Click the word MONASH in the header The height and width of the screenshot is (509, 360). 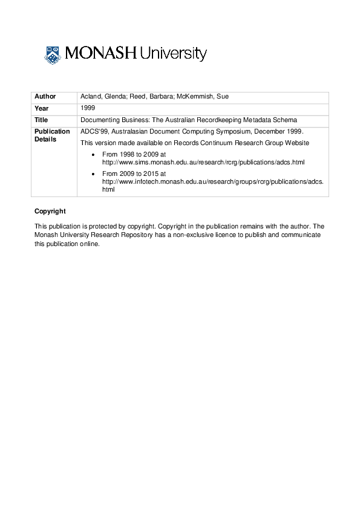pos(100,54)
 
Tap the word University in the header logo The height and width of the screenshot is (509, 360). pos(173,55)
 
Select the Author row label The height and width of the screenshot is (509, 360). pos(45,97)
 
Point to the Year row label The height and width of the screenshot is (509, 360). pos(42,109)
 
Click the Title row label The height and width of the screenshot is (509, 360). pos(41,120)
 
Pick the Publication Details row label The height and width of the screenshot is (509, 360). pos(52,135)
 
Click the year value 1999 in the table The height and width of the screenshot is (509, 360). pos(88,108)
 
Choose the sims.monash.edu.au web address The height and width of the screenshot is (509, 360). pos(203,163)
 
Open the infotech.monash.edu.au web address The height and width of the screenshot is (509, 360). pos(212,181)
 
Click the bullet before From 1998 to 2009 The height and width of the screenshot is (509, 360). pos(92,155)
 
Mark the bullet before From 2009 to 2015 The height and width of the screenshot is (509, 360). pos(92,173)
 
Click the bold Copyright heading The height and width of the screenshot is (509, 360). pos(50,211)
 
